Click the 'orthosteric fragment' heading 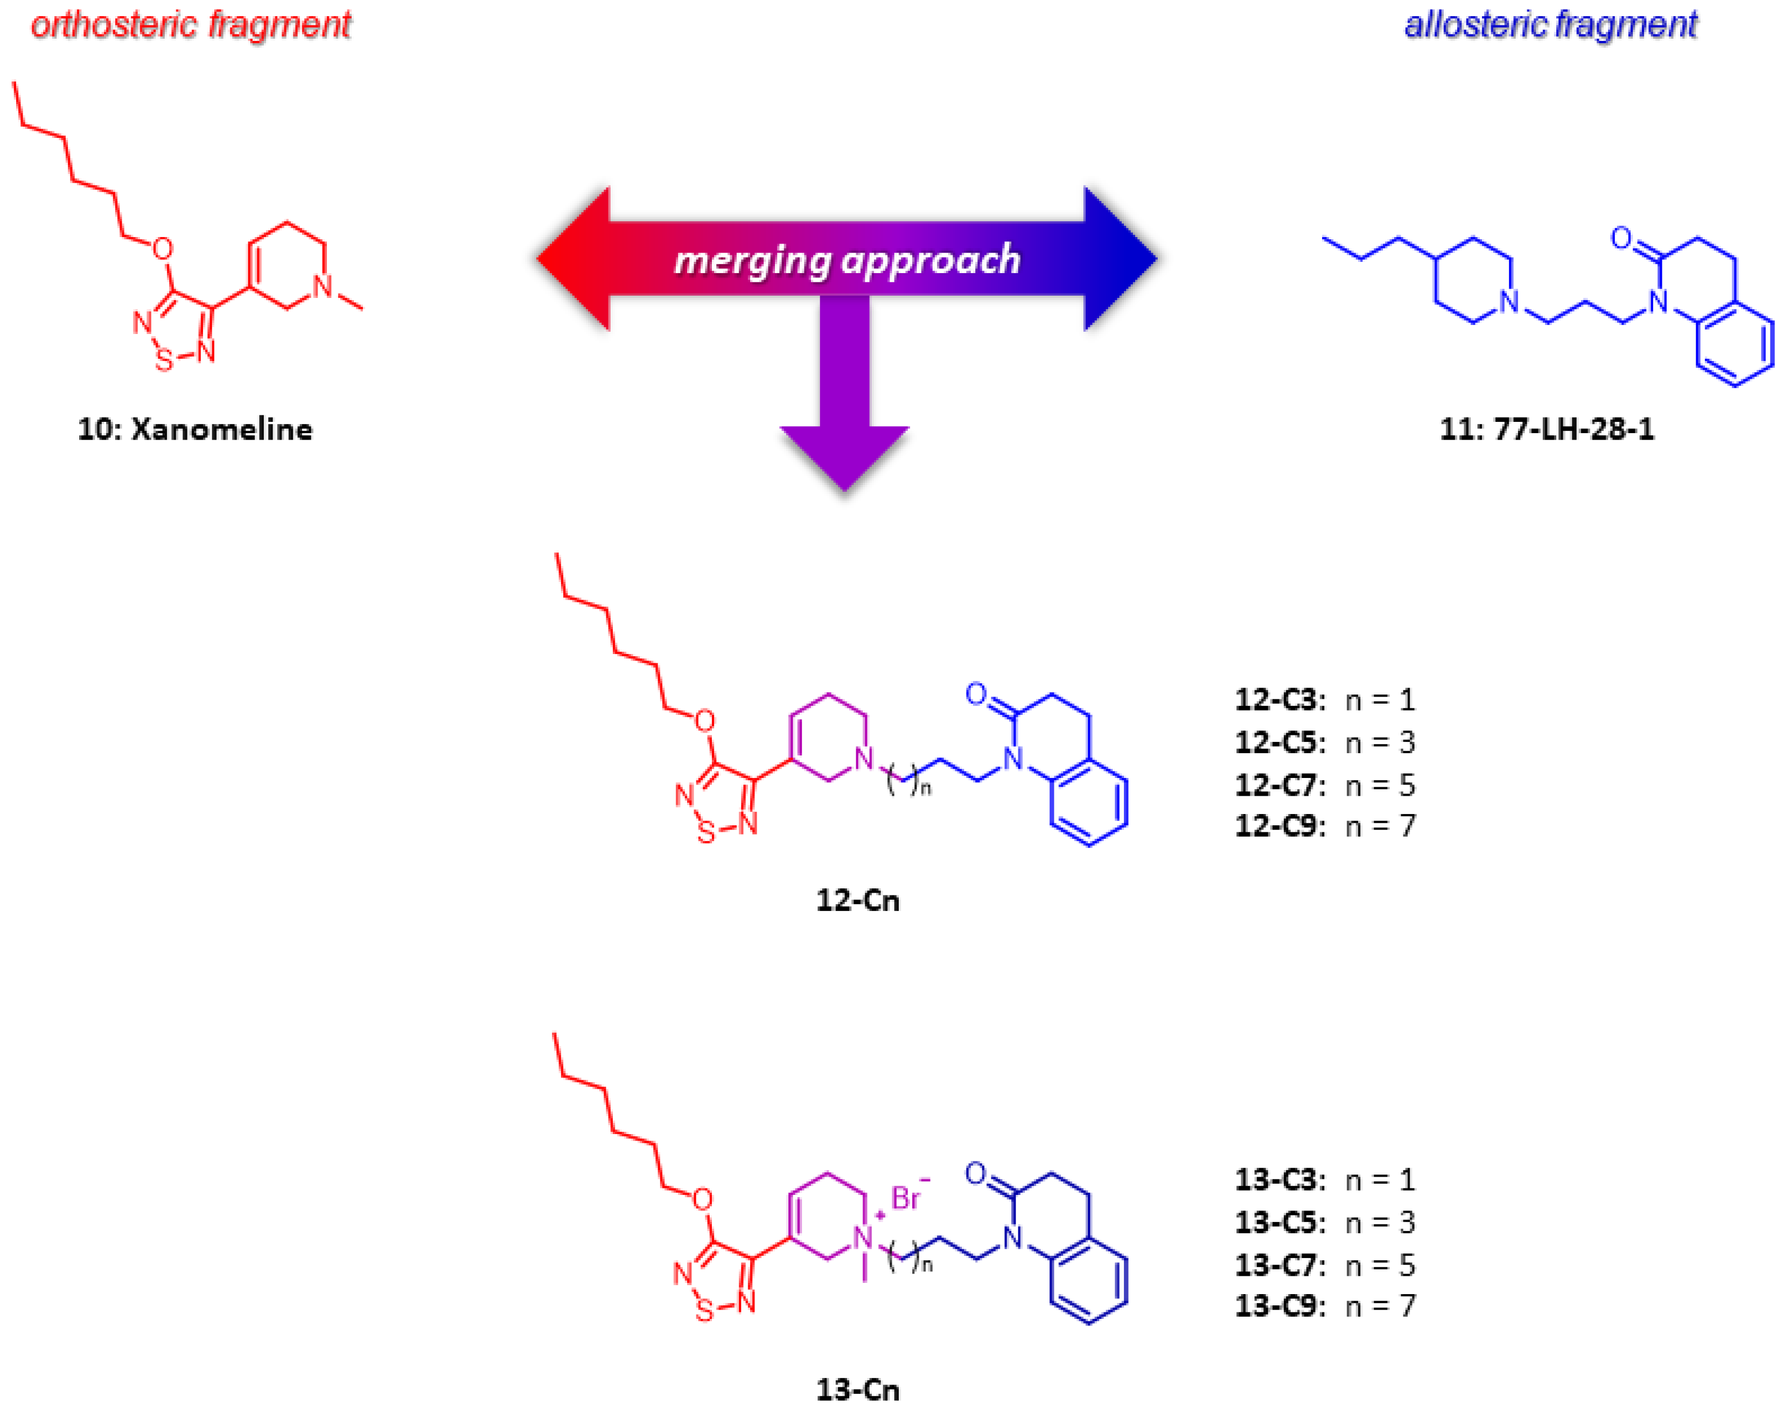(x=191, y=25)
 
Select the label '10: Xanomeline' (x=195, y=429)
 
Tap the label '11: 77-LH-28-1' (x=1546, y=429)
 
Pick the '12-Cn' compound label (x=857, y=900)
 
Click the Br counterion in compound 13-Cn (x=906, y=1198)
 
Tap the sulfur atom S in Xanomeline (x=164, y=360)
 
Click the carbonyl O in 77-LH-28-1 (x=1621, y=239)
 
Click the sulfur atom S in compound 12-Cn (x=706, y=833)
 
